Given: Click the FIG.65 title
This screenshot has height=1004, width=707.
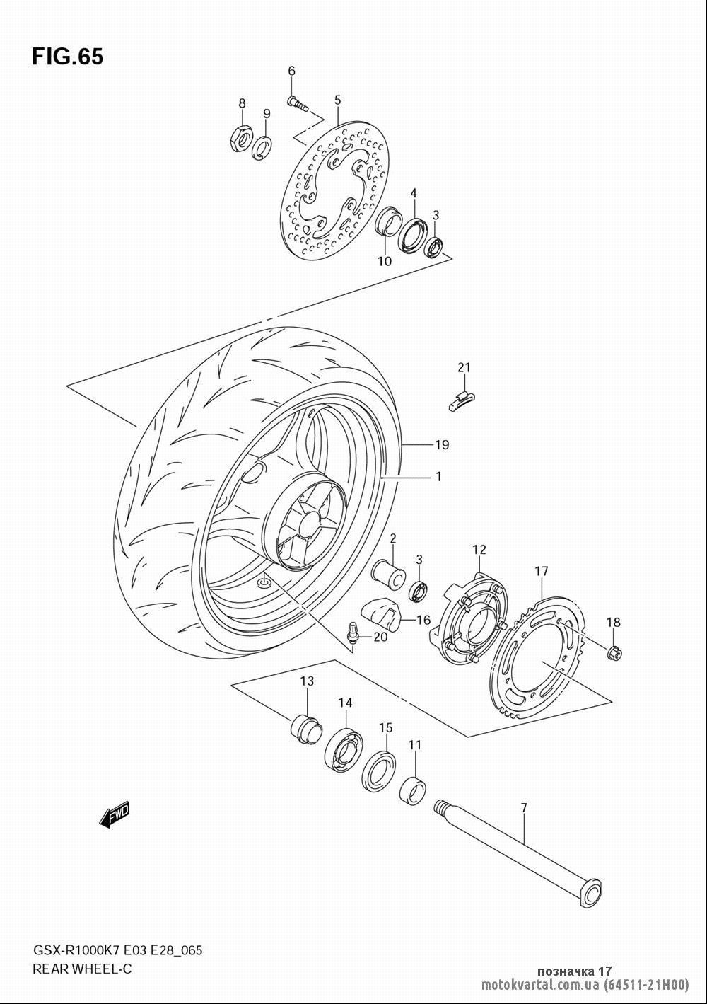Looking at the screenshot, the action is (x=68, y=57).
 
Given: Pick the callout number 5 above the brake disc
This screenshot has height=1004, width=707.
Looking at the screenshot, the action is (x=337, y=100).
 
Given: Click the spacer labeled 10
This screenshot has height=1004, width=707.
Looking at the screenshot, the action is (x=387, y=221).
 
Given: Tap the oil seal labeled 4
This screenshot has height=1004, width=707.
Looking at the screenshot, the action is (x=413, y=233).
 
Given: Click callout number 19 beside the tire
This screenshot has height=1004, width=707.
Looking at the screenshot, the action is (x=441, y=444).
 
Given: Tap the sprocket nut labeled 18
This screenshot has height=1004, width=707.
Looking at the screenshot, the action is (x=614, y=654).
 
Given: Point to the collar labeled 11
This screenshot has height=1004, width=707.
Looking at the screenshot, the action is (x=413, y=792).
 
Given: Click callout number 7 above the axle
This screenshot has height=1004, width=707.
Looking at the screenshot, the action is (x=524, y=808).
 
